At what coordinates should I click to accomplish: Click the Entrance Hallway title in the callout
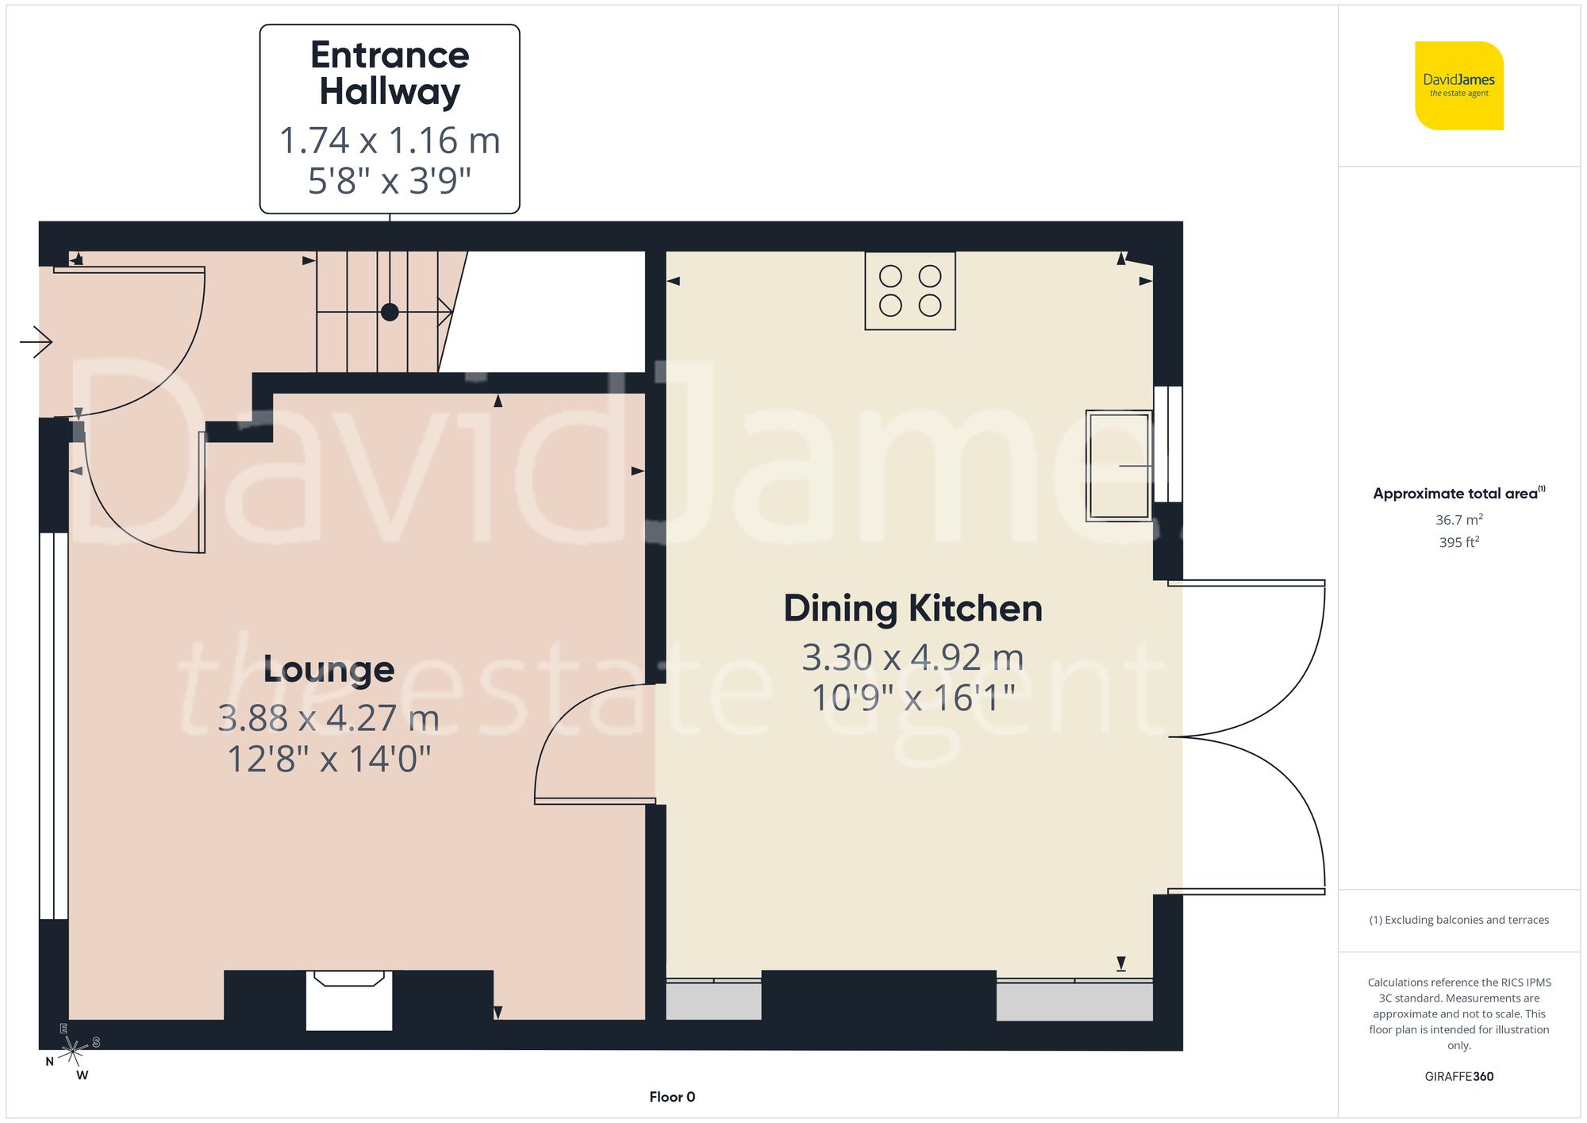click(390, 73)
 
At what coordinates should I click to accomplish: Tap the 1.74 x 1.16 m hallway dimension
click(390, 140)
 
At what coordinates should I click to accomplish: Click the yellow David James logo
click(1458, 86)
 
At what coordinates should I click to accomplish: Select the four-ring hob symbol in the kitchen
click(910, 290)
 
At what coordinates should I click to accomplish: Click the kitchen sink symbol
click(1118, 466)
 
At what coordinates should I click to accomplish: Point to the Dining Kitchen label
click(913, 609)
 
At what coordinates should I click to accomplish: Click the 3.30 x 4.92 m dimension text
click(913, 657)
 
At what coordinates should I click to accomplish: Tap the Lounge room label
click(329, 670)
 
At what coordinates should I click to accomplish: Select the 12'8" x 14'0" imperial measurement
click(329, 759)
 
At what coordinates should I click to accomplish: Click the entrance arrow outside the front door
click(36, 342)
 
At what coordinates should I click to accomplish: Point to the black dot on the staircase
click(390, 312)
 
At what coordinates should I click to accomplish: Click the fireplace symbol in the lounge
click(349, 998)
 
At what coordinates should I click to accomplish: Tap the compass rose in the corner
click(73, 1052)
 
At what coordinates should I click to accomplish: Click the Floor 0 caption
click(672, 1097)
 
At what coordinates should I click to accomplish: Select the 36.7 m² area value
click(1458, 520)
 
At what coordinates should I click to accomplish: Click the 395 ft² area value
click(1458, 542)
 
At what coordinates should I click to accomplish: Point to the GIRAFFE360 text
click(1458, 1076)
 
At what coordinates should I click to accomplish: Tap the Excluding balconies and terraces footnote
click(1458, 920)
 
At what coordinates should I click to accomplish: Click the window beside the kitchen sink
click(1168, 444)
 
